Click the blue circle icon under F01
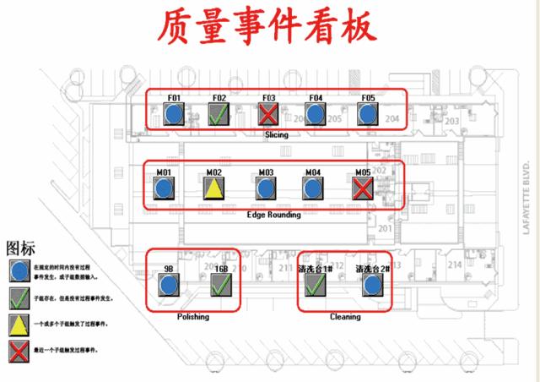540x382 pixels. [x=174, y=114]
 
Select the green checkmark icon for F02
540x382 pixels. [x=219, y=114]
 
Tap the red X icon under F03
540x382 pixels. [x=269, y=114]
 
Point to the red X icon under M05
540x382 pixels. [x=363, y=188]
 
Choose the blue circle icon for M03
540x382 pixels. [x=266, y=188]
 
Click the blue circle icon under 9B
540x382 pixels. [x=169, y=286]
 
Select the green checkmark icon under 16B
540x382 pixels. [x=221, y=286]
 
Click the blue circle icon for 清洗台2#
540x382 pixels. [x=371, y=286]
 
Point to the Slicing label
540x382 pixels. [x=276, y=135]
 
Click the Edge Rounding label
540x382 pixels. [x=273, y=215]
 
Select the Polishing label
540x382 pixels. [x=193, y=317]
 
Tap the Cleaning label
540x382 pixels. [x=344, y=317]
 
